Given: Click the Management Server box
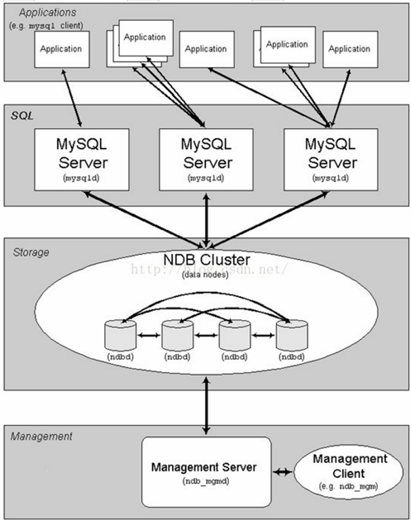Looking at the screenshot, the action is [x=207, y=472].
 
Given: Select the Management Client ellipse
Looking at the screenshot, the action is [x=349, y=471].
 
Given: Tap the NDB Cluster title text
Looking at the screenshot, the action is [x=207, y=260].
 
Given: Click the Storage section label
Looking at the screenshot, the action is [x=31, y=253].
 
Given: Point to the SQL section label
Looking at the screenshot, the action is [x=22, y=115].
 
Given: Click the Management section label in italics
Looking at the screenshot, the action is [x=41, y=436].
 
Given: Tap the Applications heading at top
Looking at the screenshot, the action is [x=47, y=13].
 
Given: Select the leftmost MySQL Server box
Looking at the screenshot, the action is [x=82, y=160].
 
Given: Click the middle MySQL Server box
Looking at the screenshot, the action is [x=206, y=160].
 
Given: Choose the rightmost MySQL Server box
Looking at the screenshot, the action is [x=330, y=160].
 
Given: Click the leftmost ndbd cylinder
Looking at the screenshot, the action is [x=121, y=335].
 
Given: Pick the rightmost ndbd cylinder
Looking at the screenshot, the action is [x=292, y=335].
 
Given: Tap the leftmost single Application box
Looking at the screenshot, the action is [x=62, y=49].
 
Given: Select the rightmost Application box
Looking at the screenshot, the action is [x=350, y=49].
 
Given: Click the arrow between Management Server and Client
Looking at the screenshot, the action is [x=282, y=471].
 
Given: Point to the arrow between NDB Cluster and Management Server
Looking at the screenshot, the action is [x=207, y=406].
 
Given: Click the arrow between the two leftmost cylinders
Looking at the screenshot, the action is [x=149, y=335].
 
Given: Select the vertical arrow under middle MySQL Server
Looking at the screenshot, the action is [x=207, y=220].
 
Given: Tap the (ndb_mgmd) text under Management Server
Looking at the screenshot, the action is [x=206, y=481].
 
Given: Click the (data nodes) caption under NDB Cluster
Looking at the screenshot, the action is [x=205, y=275].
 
